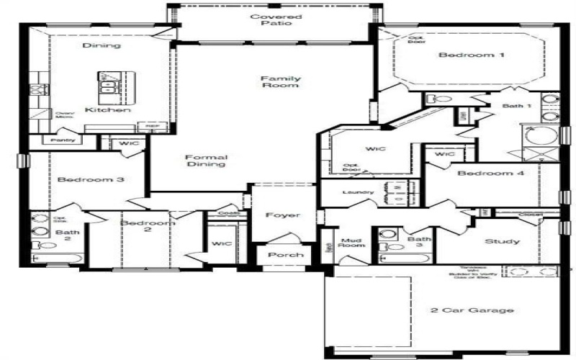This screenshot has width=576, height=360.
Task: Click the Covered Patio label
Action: point(276,19)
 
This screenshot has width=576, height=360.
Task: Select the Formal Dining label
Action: point(206,161)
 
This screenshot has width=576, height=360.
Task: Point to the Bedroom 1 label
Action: point(462,55)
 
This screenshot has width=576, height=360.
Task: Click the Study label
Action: point(502,241)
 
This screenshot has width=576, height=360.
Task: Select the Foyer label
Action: point(282,215)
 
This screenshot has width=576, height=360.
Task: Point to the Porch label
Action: point(286,255)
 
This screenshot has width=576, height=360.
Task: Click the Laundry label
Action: point(358,192)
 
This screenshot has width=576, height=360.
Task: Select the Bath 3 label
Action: point(418,243)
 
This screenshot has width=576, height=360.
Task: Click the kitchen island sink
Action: point(109,88)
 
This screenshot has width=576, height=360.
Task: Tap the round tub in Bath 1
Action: point(539,136)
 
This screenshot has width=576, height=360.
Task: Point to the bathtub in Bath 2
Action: point(57,256)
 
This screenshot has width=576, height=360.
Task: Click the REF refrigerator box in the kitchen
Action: point(152,125)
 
